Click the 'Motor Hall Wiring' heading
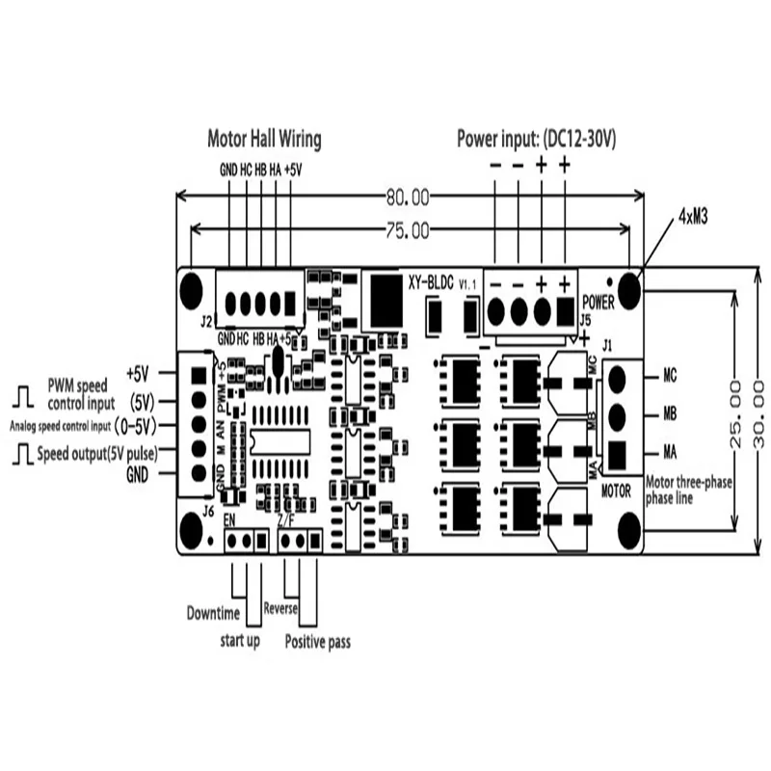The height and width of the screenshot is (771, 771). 264,138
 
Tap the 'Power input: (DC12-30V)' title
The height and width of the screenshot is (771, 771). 536,138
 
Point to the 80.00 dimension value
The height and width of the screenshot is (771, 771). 407,198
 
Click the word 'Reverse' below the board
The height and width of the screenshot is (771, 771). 280,609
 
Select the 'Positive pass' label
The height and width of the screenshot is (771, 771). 317,640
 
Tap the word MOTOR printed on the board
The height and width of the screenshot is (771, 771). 616,491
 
